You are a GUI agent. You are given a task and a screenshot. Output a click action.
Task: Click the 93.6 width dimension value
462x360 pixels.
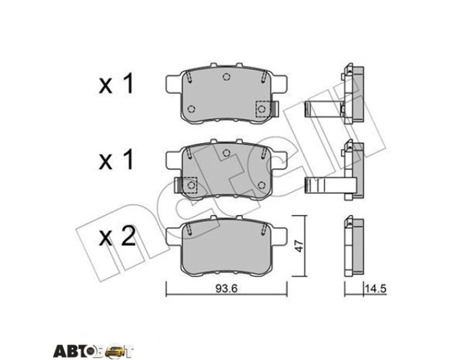[x=226, y=289]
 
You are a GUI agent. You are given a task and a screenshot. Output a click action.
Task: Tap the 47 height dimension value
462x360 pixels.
[x=299, y=247]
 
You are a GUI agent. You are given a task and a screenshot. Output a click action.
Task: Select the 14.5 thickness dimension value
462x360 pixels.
[x=375, y=289]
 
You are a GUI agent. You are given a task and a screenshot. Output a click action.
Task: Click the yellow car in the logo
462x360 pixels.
[x=113, y=351]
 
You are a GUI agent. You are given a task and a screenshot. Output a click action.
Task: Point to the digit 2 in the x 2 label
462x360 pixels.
[x=128, y=236]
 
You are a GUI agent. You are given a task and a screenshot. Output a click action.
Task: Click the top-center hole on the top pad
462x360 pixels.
[x=226, y=77]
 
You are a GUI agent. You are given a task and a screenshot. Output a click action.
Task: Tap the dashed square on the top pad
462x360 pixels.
[x=262, y=109]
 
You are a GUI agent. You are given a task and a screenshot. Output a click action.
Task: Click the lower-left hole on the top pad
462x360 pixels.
[x=191, y=109]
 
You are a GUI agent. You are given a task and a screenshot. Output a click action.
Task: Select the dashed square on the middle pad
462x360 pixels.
[x=190, y=185]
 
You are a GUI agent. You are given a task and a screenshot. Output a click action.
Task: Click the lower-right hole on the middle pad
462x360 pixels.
[x=262, y=185]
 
